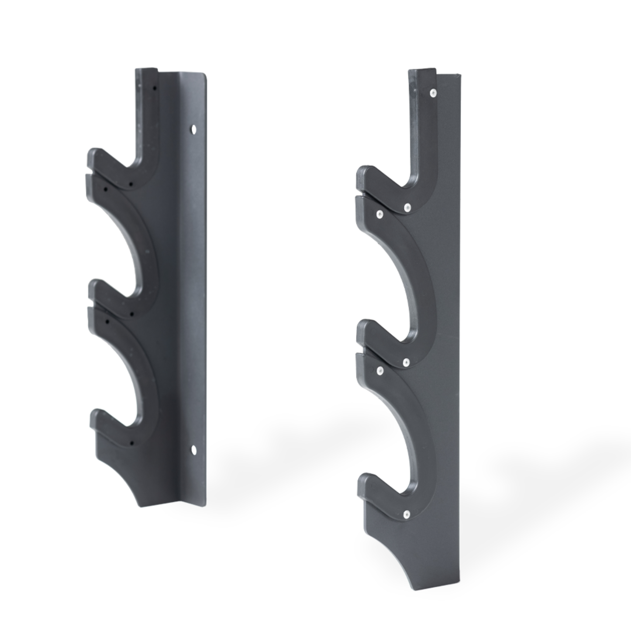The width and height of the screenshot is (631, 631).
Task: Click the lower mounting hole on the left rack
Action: pyautogui.click(x=193, y=448)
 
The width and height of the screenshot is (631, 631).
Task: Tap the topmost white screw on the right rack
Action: pyautogui.click(x=432, y=93)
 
